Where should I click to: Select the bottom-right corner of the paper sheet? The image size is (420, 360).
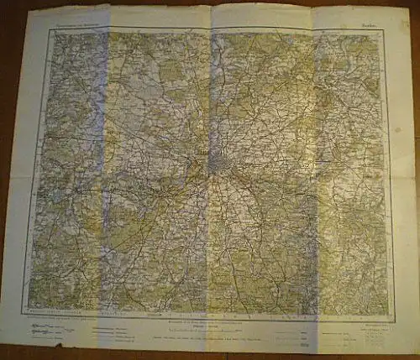(413, 345)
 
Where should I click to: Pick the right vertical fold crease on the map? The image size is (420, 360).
(318, 168)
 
